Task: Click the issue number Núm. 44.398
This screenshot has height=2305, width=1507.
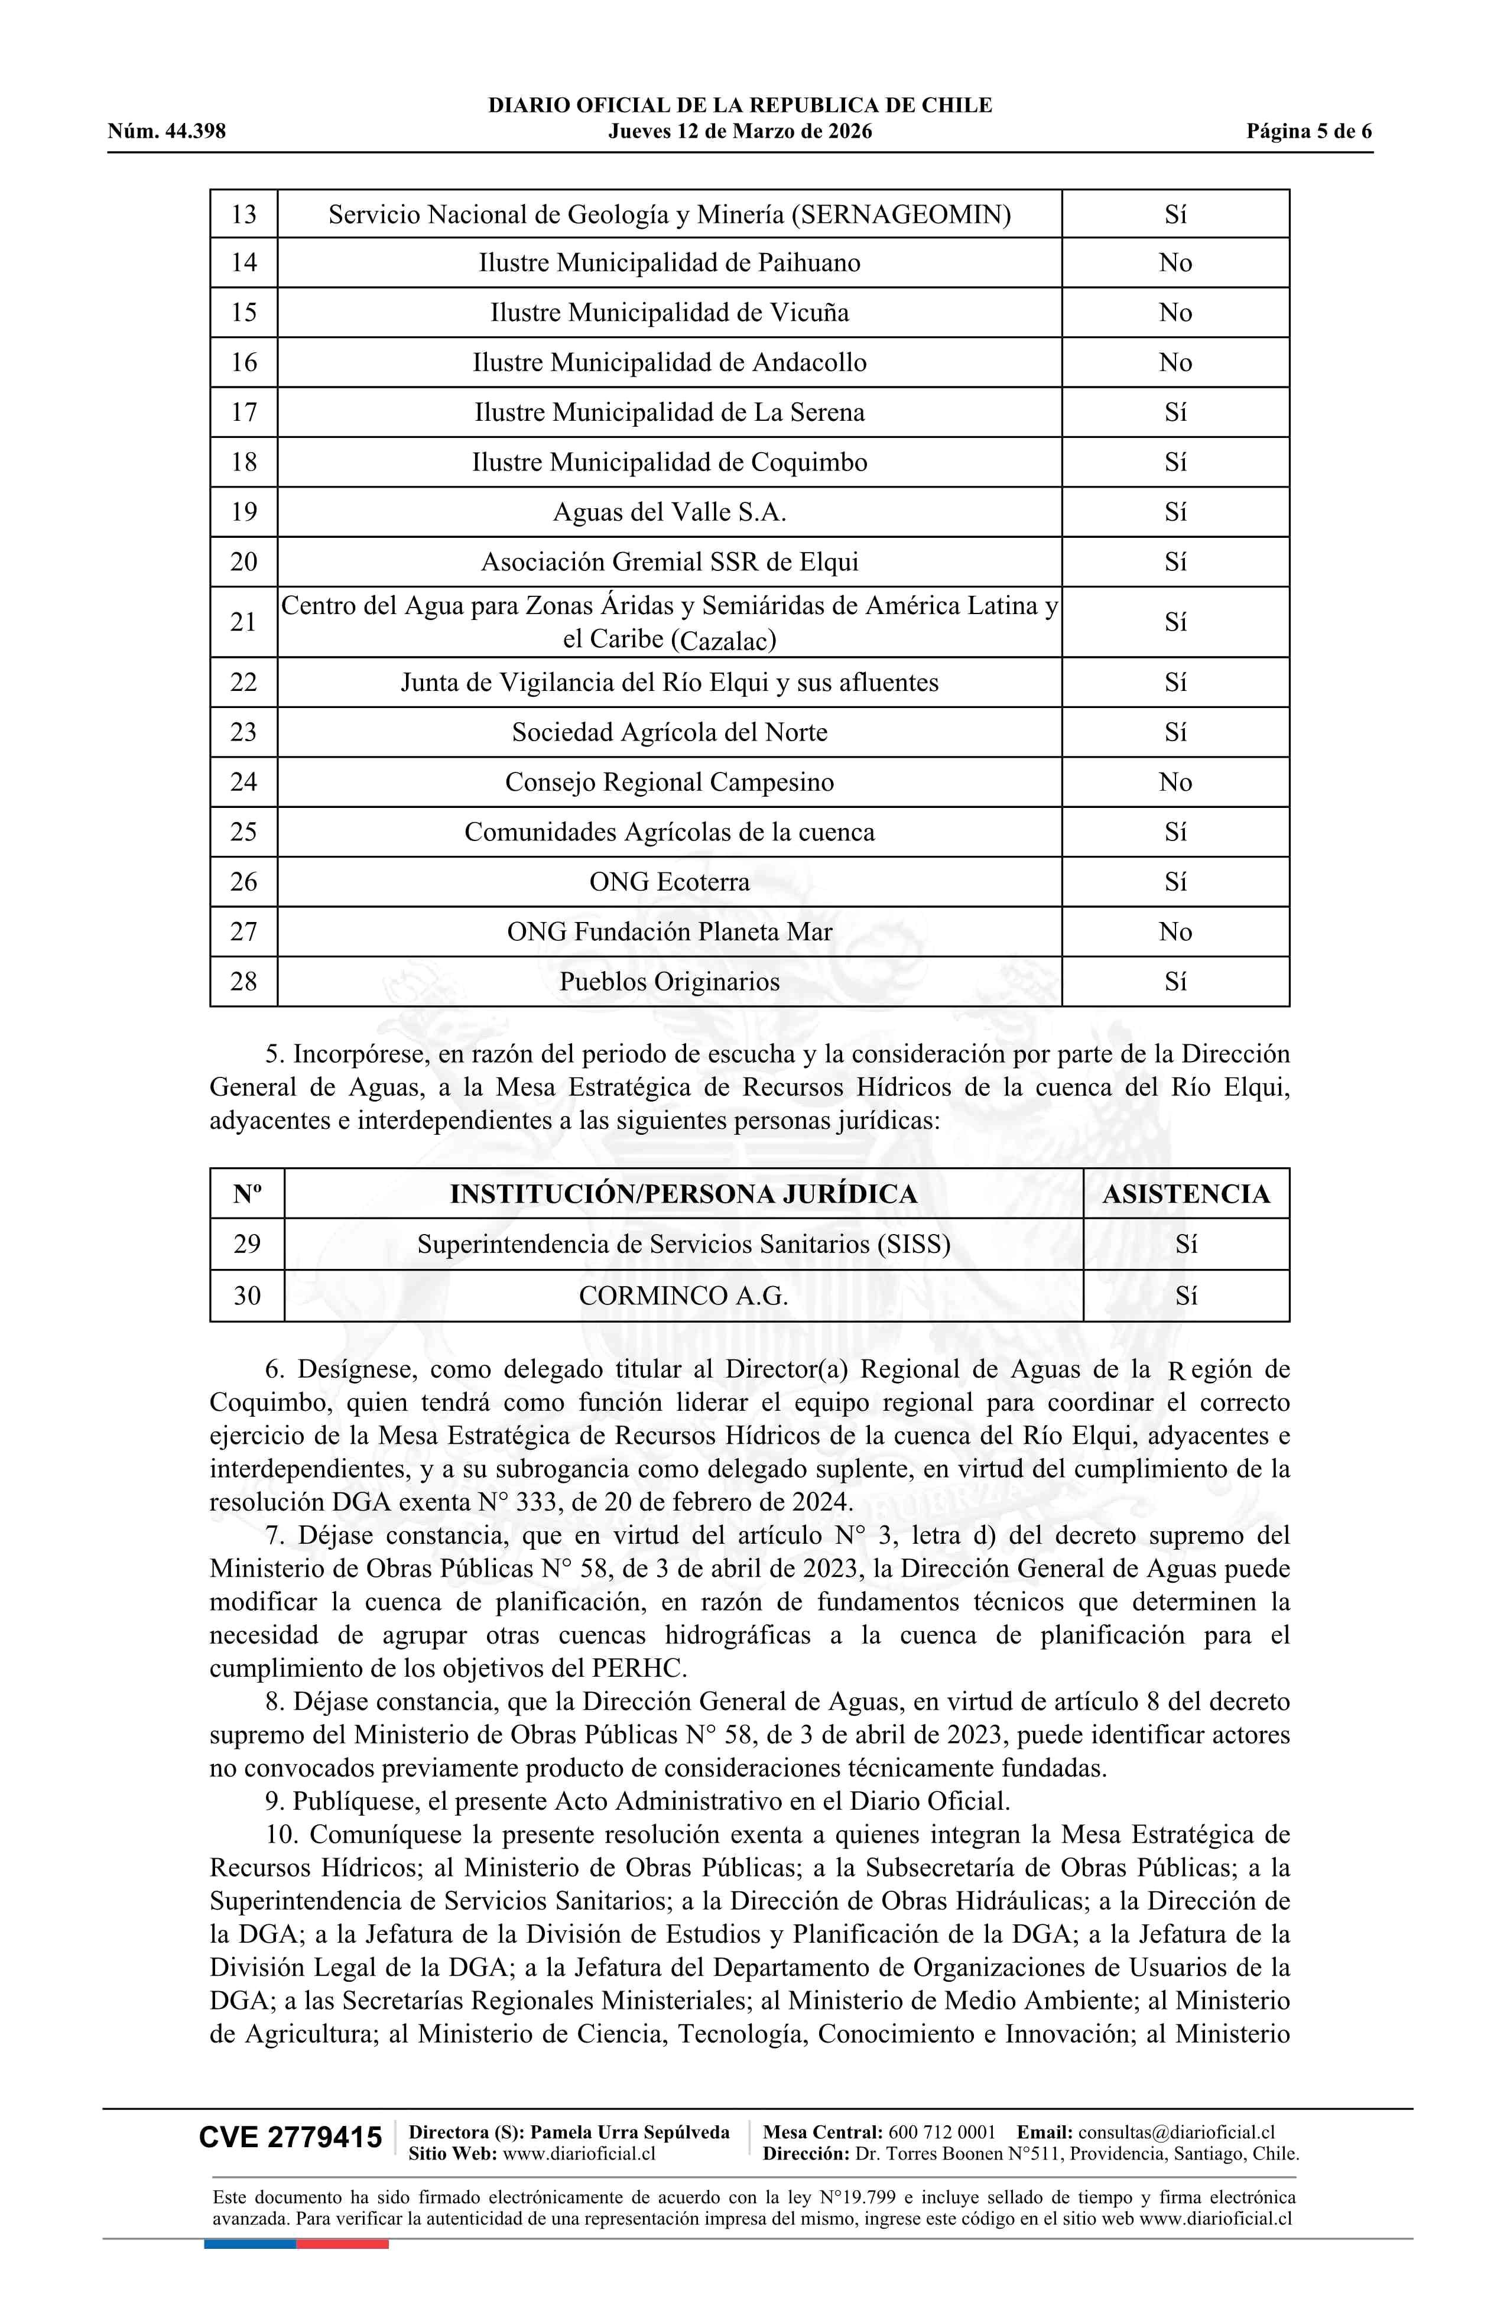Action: click(167, 132)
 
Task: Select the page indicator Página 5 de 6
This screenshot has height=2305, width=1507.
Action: click(1308, 132)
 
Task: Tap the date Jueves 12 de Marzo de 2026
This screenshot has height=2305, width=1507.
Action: click(740, 132)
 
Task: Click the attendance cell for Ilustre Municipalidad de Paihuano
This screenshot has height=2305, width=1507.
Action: click(1175, 262)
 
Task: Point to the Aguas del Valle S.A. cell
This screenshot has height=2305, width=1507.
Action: click(669, 511)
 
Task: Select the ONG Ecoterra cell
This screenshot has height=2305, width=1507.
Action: click(669, 881)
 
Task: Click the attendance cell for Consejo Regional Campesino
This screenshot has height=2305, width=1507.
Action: click(1175, 781)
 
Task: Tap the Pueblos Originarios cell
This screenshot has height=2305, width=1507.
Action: click(669, 981)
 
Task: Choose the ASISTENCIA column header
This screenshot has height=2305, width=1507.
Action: click(1186, 1193)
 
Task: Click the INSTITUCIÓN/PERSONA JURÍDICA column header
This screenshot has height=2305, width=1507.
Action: click(683, 1193)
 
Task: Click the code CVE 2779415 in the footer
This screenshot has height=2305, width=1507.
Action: click(291, 2138)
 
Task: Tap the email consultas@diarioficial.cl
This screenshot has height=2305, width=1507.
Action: click(1176, 2132)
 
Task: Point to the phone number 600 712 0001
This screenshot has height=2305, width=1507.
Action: click(941, 2132)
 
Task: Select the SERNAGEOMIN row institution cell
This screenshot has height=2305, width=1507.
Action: click(669, 214)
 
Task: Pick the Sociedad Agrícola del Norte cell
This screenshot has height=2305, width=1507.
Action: click(669, 732)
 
